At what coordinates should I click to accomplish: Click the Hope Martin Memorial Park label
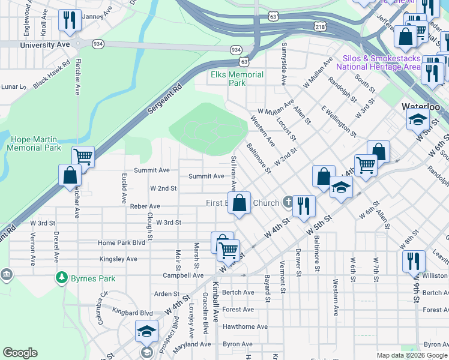[x=35, y=143]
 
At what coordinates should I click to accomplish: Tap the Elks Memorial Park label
[x=237, y=79]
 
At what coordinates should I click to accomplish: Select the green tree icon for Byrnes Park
[x=61, y=277]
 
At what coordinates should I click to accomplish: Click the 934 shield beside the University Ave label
[x=96, y=44]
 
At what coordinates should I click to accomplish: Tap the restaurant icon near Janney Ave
[x=70, y=20]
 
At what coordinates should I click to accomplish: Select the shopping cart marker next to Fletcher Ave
[x=83, y=157]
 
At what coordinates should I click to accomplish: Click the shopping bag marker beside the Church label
[x=240, y=202]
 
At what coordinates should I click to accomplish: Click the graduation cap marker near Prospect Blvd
[x=146, y=331]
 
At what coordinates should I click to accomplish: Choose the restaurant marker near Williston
[x=414, y=261]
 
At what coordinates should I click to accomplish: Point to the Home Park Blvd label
[x=122, y=243]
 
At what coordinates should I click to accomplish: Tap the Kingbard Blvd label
[x=132, y=313]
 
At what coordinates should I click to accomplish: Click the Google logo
[x=20, y=353]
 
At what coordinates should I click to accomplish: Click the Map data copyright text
[x=411, y=355]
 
